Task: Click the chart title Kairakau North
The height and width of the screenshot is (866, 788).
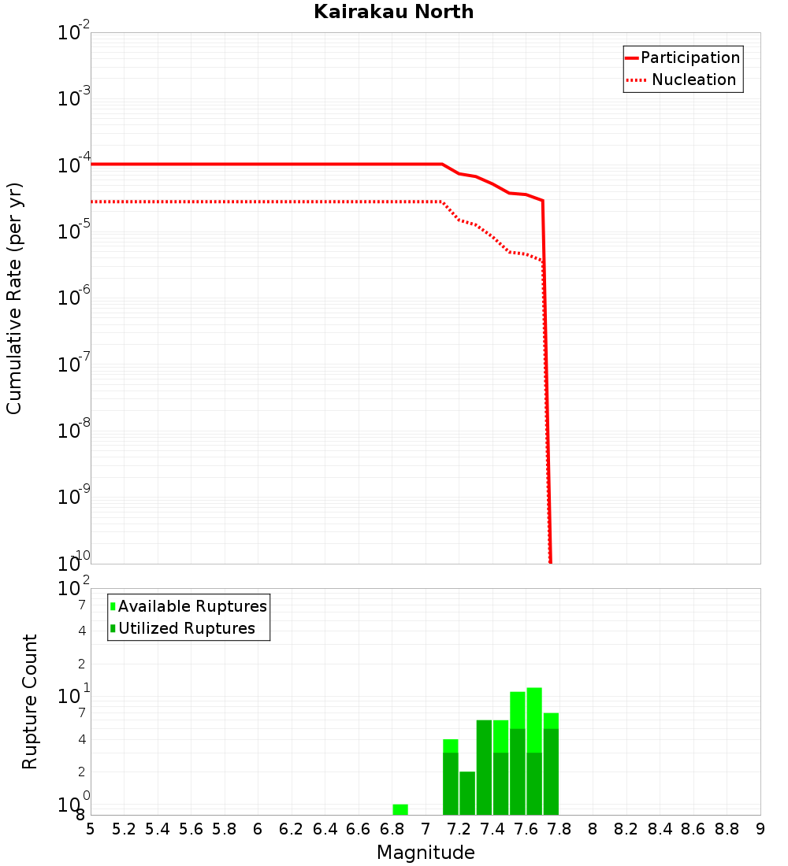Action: (393, 12)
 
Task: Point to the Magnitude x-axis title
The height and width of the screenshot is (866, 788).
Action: (426, 853)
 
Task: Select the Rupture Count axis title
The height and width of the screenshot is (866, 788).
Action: (30, 701)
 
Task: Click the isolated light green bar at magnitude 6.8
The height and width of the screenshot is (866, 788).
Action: (400, 809)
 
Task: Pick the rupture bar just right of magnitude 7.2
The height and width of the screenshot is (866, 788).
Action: (467, 793)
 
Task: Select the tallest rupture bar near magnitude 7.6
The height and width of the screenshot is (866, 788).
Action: (534, 752)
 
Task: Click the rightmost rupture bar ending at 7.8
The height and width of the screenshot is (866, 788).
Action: (551, 764)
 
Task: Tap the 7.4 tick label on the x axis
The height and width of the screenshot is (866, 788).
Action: (492, 829)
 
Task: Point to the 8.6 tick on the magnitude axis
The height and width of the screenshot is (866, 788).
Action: (693, 829)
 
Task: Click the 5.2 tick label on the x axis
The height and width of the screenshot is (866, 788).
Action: (124, 829)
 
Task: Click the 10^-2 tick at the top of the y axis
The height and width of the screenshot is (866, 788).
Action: (75, 32)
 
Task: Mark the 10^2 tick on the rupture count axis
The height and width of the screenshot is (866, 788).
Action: (75, 589)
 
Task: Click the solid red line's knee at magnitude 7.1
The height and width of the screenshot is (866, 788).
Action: (442, 164)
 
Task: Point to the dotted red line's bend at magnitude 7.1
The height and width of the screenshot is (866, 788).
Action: (442, 202)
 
